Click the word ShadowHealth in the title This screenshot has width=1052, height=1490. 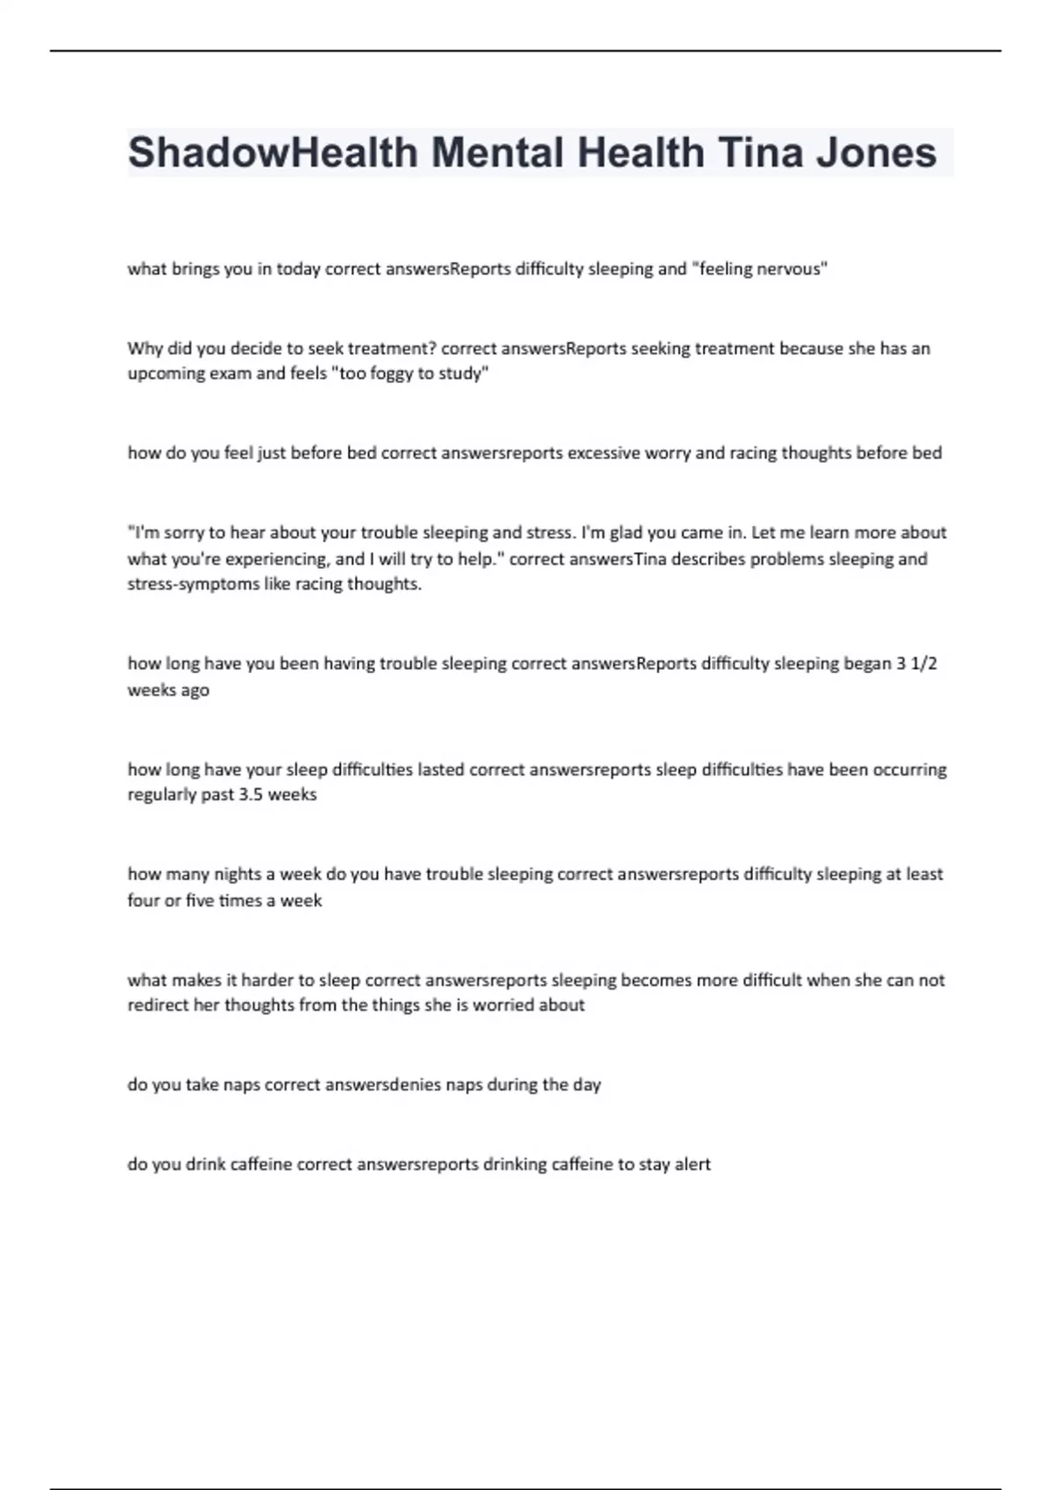[273, 153]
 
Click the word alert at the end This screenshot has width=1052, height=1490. [693, 1165]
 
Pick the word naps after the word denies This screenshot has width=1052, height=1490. [464, 1085]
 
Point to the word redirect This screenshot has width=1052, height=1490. [158, 1005]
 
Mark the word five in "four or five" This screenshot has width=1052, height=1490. [199, 901]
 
